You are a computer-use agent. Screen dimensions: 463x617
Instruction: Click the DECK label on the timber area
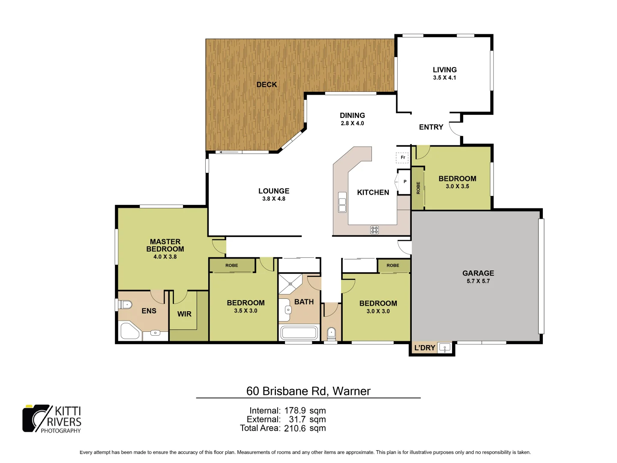click(267, 84)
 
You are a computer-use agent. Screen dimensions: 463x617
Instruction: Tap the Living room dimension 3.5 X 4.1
click(444, 78)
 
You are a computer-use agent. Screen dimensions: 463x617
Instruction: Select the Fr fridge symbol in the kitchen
click(402, 158)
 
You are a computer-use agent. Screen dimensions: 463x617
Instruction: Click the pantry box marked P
click(404, 182)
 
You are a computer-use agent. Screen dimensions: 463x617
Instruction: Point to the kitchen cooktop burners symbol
click(374, 230)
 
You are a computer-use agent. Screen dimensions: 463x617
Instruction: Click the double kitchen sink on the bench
click(342, 202)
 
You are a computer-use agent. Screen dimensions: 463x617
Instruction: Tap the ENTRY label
click(431, 127)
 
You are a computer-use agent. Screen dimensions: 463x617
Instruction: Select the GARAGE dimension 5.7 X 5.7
click(478, 281)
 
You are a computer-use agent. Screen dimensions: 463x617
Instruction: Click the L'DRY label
click(424, 348)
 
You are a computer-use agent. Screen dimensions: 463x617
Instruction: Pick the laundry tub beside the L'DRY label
click(445, 348)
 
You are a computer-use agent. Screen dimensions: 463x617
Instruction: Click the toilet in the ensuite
click(124, 305)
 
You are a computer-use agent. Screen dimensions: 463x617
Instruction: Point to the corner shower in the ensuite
click(129, 331)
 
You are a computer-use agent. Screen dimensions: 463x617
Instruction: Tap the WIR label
click(184, 314)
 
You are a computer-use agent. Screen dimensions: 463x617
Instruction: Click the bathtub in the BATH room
click(299, 333)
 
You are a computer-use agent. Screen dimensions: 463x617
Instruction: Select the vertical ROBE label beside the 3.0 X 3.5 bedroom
click(418, 188)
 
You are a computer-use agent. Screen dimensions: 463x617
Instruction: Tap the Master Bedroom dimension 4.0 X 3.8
click(165, 257)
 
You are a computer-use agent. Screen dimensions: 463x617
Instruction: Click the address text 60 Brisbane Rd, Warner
click(308, 391)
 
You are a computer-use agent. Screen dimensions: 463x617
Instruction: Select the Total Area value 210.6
click(295, 428)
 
